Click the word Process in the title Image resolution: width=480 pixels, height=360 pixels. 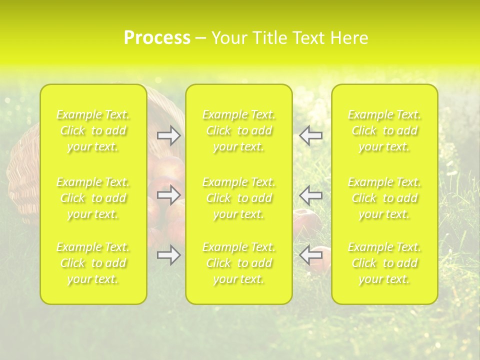157,38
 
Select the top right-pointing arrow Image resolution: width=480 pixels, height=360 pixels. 168,135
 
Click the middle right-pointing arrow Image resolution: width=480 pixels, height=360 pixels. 168,195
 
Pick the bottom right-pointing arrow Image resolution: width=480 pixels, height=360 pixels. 168,255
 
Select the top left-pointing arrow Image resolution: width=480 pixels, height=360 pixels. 311,135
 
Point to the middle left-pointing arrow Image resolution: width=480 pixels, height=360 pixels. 311,195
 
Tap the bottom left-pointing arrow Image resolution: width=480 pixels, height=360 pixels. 311,255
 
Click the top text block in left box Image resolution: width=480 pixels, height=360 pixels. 93,131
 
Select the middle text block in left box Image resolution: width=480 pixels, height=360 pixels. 93,198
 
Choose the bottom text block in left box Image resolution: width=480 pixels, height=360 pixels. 93,263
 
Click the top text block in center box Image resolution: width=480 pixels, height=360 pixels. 239,131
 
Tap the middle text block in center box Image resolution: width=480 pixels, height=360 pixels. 239,198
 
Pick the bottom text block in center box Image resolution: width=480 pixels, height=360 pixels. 239,263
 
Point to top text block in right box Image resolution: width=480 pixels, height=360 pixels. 384,131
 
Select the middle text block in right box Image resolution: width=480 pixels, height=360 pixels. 384,198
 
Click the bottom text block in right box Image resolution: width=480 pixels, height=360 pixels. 384,263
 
